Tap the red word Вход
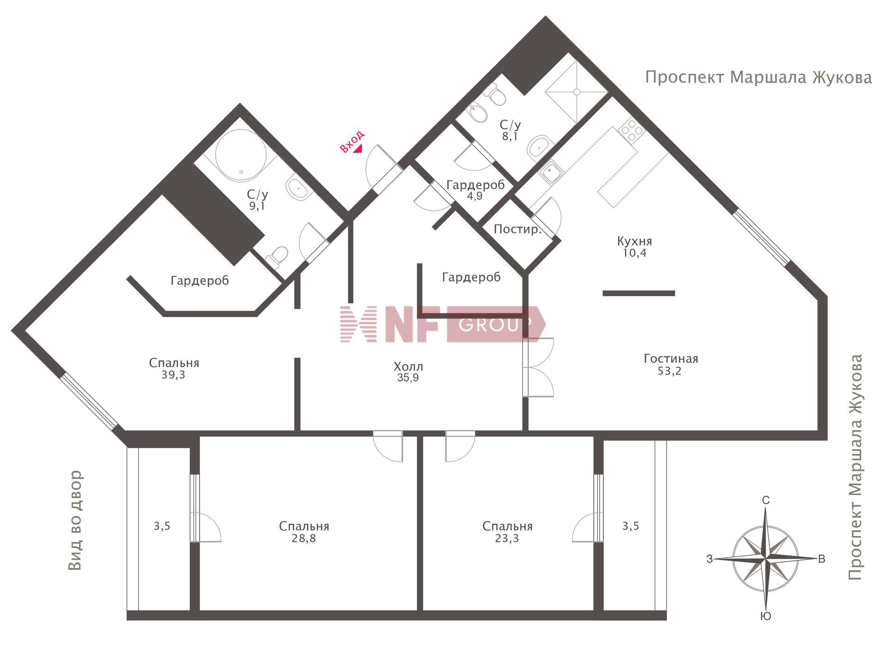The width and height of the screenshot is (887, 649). coord(352,141)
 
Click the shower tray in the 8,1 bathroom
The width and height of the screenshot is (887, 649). coord(576,92)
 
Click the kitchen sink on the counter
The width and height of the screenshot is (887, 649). coord(551,173)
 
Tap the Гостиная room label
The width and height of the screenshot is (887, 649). coord(671,359)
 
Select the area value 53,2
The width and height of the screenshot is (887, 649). coord(669,371)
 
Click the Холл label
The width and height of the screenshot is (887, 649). coord(408,367)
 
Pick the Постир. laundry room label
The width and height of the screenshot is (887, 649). coord(517,229)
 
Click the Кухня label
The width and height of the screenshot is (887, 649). coord(635,241)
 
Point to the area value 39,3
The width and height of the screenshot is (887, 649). coord(173,375)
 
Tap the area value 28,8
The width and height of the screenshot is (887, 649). coord(304,538)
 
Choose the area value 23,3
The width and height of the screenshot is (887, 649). coord(507,538)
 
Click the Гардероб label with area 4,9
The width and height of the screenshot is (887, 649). coord(475,185)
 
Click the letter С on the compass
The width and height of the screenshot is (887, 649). coord(765,500)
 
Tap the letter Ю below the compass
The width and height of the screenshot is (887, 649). coord(765,616)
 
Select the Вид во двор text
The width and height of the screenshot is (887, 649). coord(75,520)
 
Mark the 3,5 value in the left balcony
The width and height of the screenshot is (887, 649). coord(162,526)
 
